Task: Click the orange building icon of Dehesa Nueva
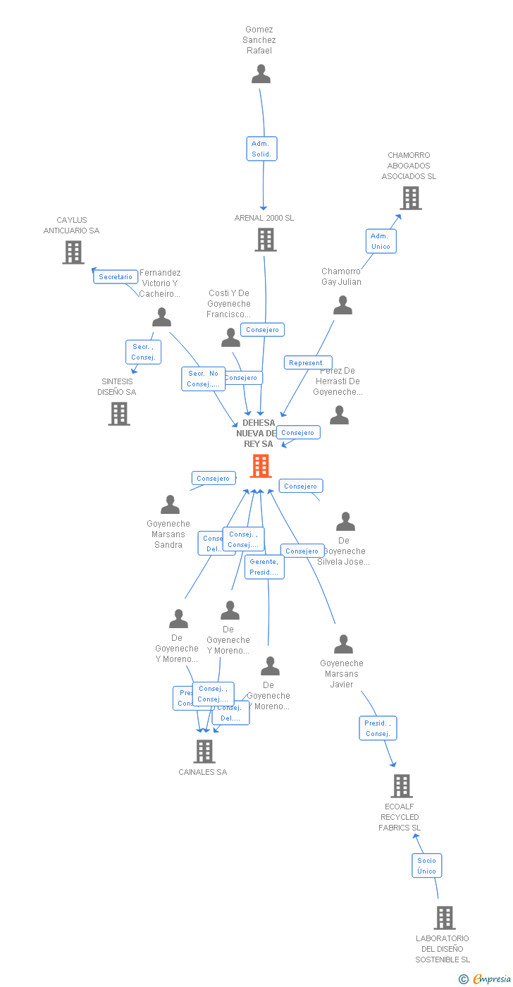pos(261,466)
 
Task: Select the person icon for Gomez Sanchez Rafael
pos(261,74)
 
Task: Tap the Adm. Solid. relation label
pos(261,149)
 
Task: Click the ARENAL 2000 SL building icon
pos(265,240)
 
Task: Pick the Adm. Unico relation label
pos(381,241)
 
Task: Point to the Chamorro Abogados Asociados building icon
pos(411,198)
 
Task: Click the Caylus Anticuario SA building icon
pos(73,252)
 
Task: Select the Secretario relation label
pos(116,277)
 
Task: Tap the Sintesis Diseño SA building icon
pos(119,414)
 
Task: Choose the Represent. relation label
pos(307,363)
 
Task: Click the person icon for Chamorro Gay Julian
pos(342,305)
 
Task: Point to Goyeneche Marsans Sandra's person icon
pos(170,505)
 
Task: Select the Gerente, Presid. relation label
pos(264,567)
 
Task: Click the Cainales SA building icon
pos(204,752)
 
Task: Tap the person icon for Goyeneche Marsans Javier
pos(343,644)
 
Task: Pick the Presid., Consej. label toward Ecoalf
pos(378,728)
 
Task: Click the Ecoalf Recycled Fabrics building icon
pos(401,785)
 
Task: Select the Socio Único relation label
pos(426,866)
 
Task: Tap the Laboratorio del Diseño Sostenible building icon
pos(444,918)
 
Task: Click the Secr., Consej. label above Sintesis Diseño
pos(143,352)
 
